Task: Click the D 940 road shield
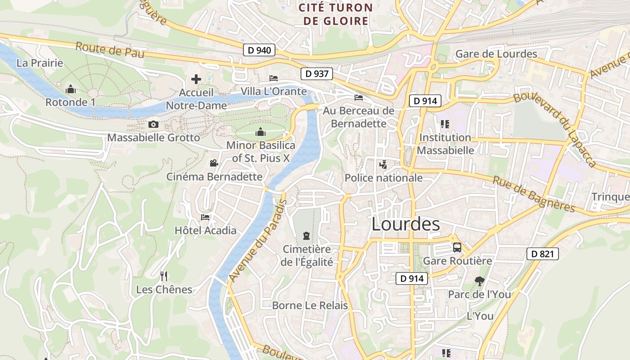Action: [x=259, y=50]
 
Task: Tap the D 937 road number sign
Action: [x=317, y=74]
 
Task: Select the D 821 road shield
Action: [x=542, y=254]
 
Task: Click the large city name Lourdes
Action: [x=405, y=224]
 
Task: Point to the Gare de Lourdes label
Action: [x=496, y=54]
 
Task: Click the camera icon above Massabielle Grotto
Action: [x=153, y=124]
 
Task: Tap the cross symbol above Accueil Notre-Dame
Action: [x=196, y=79]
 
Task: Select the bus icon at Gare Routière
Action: [x=457, y=247]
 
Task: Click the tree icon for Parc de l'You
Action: [x=479, y=281]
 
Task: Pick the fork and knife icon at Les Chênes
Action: [x=164, y=276]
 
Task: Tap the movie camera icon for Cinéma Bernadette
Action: [x=214, y=163]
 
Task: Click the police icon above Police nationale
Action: [x=383, y=165]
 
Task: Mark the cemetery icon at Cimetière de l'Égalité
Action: [x=306, y=235]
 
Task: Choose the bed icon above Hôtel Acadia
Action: [x=205, y=217]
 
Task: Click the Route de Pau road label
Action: [x=110, y=50]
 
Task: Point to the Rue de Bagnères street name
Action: [x=534, y=194]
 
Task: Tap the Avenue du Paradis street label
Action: [x=257, y=241]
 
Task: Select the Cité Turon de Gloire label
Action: [x=336, y=14]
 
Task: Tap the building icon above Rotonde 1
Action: [x=71, y=89]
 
